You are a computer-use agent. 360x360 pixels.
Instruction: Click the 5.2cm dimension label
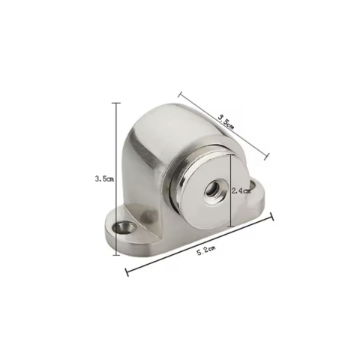click(206, 250)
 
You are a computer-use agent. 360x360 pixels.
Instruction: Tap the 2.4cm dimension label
click(241, 191)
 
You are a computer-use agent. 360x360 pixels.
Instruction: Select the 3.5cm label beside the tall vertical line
click(104, 179)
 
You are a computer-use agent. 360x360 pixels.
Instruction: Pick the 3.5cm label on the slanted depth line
click(226, 121)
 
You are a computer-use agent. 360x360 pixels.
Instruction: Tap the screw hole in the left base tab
click(124, 227)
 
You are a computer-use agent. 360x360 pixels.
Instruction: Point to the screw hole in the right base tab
click(253, 185)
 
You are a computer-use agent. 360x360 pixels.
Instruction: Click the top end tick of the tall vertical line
click(115, 103)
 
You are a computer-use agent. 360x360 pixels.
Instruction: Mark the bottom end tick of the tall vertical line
click(115, 255)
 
